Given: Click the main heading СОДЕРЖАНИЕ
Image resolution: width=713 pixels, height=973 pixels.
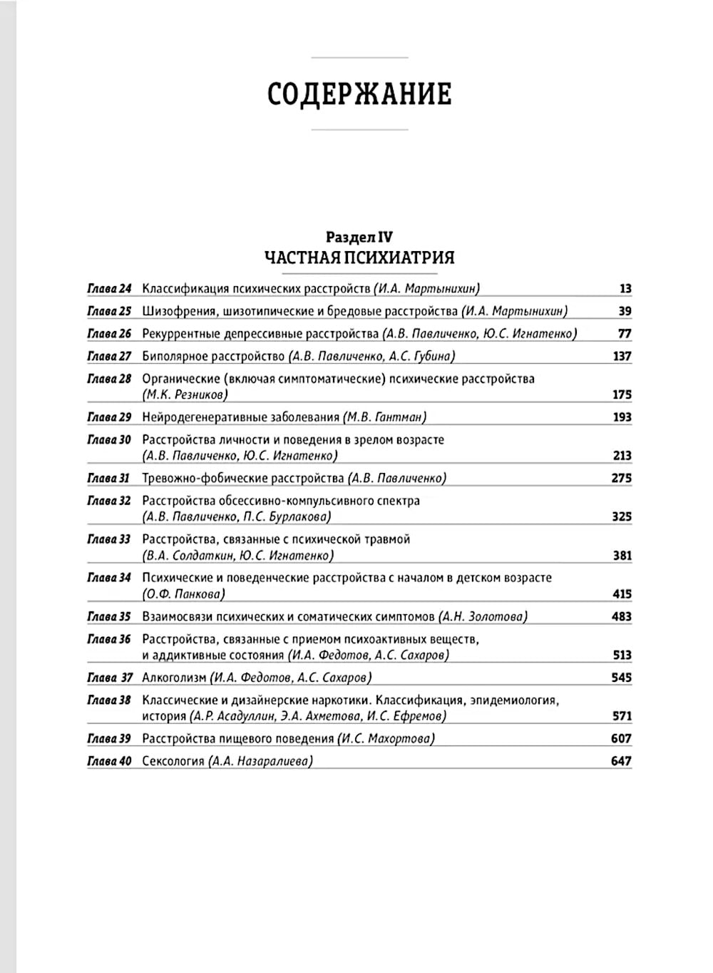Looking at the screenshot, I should [359, 94].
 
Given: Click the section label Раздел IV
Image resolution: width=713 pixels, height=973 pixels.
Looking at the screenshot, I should [359, 238].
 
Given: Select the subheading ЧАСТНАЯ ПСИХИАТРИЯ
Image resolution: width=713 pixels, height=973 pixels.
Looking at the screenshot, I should [359, 257].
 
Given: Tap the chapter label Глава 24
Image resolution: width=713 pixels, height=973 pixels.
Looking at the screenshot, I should [109, 289].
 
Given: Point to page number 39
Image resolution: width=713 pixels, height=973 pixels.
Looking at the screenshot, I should [625, 311].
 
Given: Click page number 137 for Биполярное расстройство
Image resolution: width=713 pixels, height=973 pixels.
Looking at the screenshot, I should [622, 356].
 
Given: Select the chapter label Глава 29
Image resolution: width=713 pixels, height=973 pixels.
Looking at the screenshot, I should [109, 417].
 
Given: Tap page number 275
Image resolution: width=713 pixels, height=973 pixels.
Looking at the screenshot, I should [622, 478].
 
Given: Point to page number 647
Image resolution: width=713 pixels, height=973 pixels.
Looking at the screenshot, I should [621, 761].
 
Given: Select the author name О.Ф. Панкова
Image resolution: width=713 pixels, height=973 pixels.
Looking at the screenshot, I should [184, 594].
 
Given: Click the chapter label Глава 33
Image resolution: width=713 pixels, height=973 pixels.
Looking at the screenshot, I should [109, 539].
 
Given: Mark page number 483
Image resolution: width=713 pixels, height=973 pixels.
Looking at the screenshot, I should [622, 616].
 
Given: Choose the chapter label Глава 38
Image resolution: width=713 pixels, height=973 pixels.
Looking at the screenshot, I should [109, 701].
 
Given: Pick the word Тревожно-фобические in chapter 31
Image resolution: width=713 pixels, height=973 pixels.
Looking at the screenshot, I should [202, 478].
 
